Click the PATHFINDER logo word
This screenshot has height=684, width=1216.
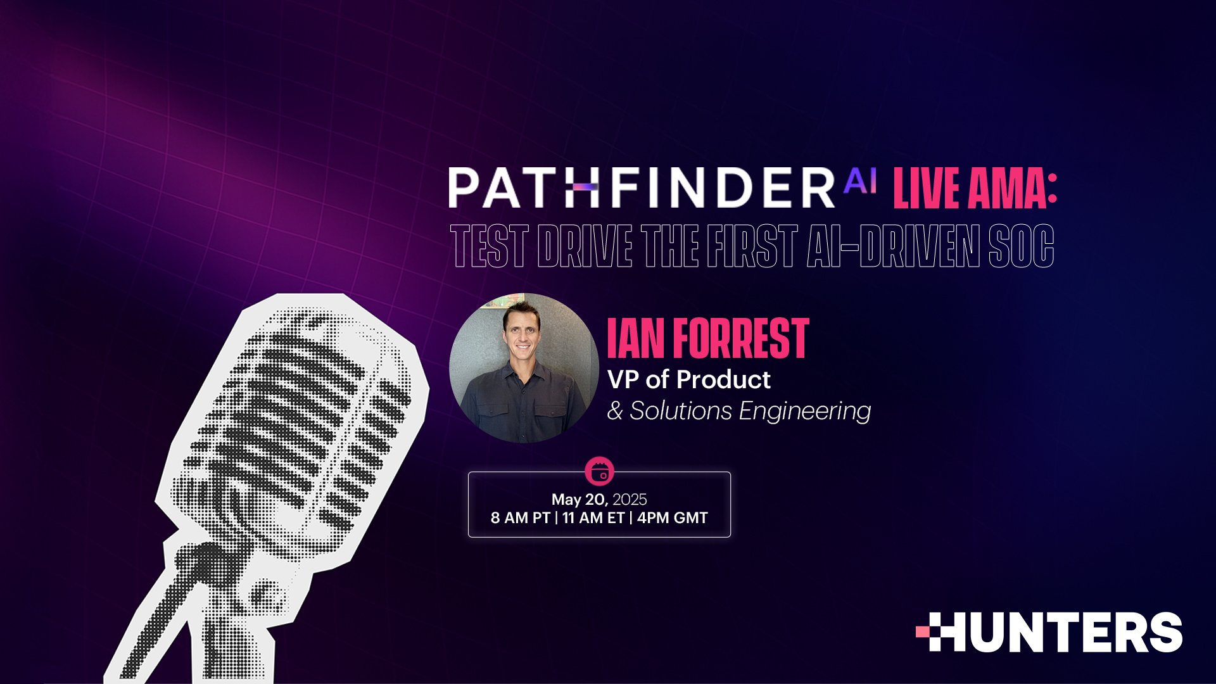click(641, 188)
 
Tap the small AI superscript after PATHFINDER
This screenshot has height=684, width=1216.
click(860, 182)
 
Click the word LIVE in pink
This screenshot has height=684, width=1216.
click(926, 188)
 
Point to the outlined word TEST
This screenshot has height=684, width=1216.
click(489, 246)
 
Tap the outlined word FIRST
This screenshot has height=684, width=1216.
click(752, 246)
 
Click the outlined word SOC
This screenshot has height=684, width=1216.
click(1021, 246)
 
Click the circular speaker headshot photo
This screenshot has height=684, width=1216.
click(524, 367)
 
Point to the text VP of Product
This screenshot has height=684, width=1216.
click(689, 380)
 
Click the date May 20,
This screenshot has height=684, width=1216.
click(579, 500)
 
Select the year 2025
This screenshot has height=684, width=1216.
click(630, 500)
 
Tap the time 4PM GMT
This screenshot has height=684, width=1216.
click(672, 518)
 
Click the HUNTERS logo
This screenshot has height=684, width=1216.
click(1049, 632)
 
